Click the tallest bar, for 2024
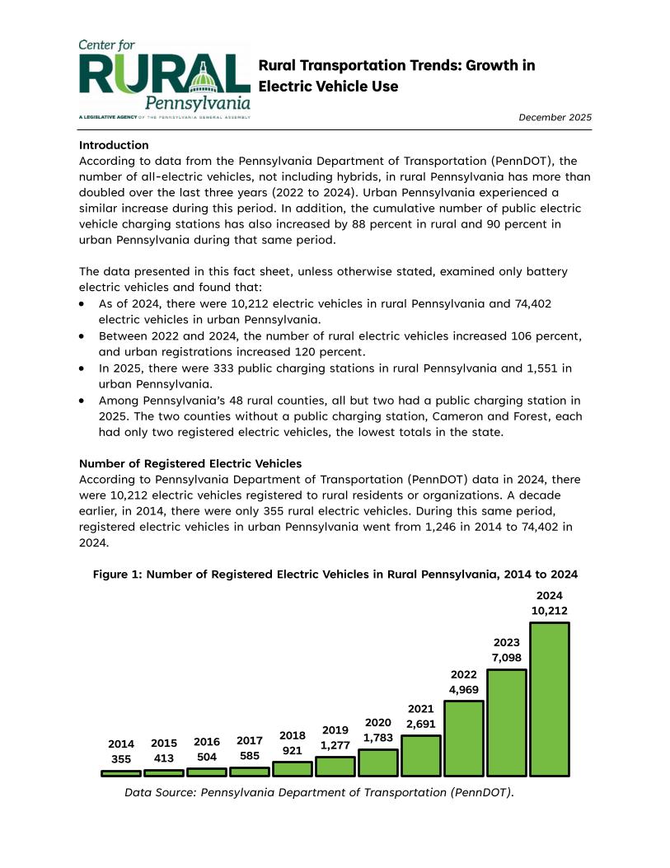click(550, 699)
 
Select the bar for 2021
click(421, 755)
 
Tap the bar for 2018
click(293, 768)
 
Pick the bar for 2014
click(121, 773)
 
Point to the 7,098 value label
click(506, 657)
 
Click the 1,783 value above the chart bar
click(379, 738)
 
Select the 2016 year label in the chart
click(207, 741)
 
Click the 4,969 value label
click(464, 689)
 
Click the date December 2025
click(555, 118)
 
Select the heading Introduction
click(114, 145)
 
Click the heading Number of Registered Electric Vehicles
click(190, 463)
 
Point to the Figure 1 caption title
click(335, 574)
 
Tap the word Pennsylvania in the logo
click(198, 104)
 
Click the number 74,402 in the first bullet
click(532, 303)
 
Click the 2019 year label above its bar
click(335, 730)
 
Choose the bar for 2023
click(507, 722)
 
